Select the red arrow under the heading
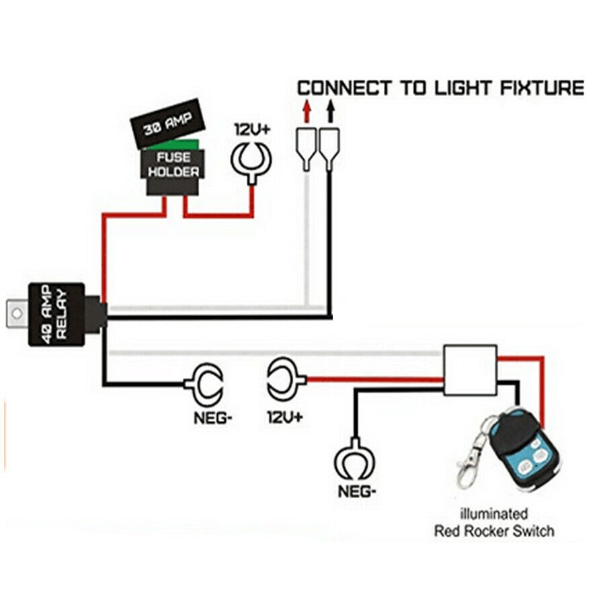pyautogui.click(x=307, y=108)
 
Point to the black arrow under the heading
pyautogui.click(x=329, y=108)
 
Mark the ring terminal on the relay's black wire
pyautogui.click(x=202, y=384)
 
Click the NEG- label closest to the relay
pyautogui.click(x=213, y=417)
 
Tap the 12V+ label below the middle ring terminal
pyautogui.click(x=284, y=417)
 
